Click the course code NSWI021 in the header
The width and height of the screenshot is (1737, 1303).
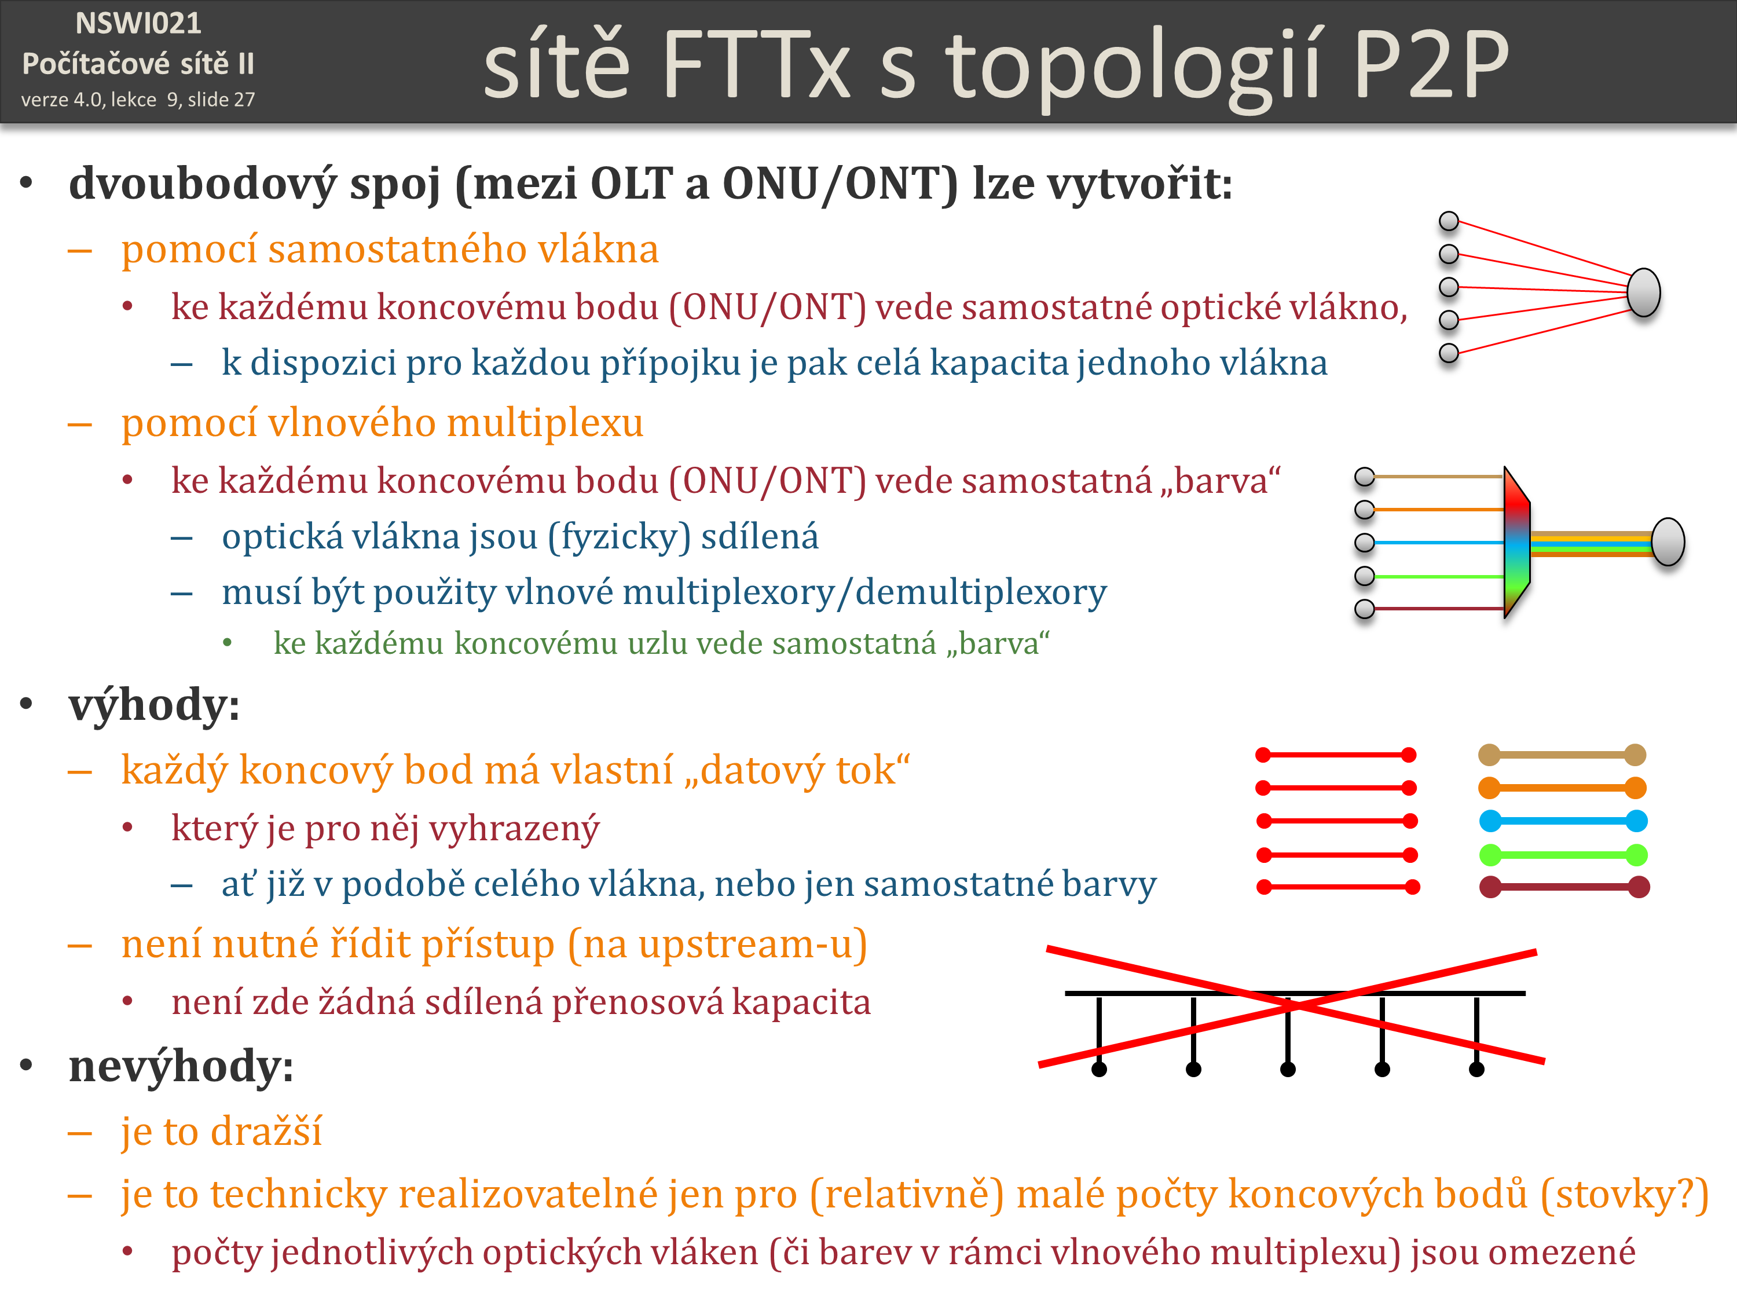(138, 24)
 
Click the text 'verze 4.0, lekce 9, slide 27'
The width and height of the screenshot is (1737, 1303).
(138, 100)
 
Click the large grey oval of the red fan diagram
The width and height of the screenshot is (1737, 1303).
(1644, 292)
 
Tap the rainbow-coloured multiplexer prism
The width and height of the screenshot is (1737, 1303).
(1517, 542)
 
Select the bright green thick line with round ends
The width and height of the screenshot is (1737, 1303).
(1563, 855)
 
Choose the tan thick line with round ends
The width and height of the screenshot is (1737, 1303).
(1562, 755)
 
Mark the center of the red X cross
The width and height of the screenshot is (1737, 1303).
(1291, 1005)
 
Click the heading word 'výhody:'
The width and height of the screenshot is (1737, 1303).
(154, 705)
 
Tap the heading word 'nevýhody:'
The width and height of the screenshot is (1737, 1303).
(181, 1067)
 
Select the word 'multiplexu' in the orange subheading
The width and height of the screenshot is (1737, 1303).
(545, 423)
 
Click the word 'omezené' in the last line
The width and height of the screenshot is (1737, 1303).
(1562, 1252)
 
